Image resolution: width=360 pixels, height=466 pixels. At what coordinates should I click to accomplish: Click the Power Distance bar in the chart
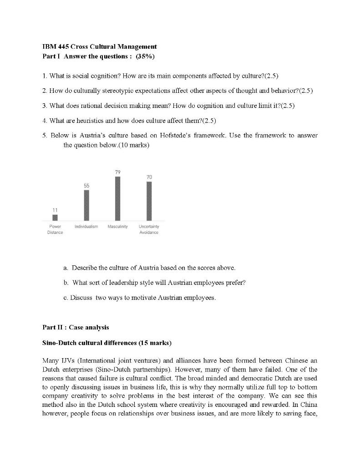(55, 218)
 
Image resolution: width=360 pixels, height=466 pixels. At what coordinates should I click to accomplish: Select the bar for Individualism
(86, 205)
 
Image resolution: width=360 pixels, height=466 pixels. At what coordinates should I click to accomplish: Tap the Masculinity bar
(118, 198)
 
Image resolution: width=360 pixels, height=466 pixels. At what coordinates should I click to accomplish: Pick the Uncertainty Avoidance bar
(149, 201)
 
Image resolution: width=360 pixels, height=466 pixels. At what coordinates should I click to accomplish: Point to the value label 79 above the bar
(118, 172)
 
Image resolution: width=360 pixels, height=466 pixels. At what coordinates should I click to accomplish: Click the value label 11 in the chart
(55, 210)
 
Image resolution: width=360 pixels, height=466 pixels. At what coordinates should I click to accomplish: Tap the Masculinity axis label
(117, 226)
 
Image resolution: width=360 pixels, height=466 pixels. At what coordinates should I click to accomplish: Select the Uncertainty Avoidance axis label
(149, 229)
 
